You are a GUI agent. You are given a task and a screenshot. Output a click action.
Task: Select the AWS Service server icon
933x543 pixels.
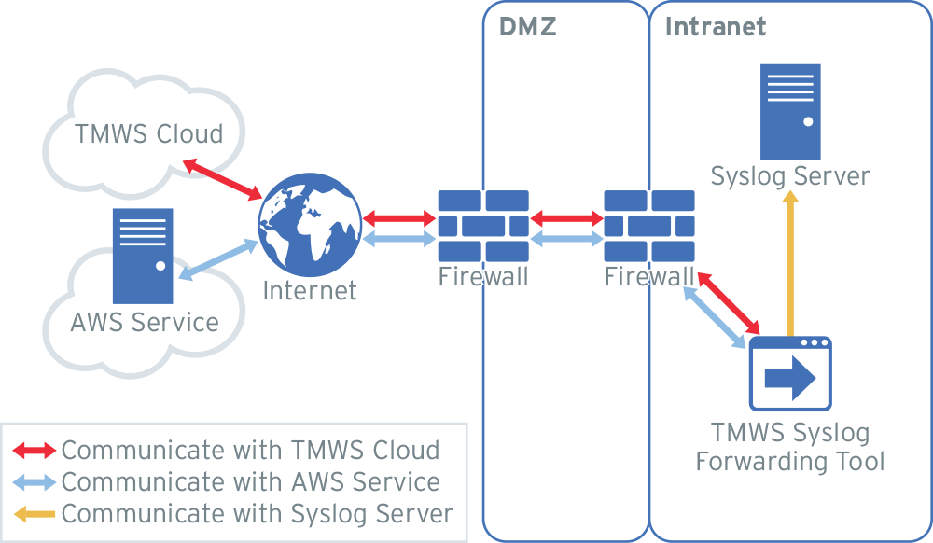pos(143,256)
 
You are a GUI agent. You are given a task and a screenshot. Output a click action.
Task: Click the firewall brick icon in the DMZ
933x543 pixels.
pos(482,226)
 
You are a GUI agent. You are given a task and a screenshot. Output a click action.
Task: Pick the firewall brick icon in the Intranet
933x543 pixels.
pos(648,226)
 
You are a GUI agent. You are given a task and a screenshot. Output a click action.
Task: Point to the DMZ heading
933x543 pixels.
pos(528,27)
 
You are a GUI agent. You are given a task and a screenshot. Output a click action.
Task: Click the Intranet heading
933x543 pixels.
pos(715,27)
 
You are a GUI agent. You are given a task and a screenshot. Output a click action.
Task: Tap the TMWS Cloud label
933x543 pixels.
pos(149,133)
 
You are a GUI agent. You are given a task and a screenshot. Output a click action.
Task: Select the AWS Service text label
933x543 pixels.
pos(145,323)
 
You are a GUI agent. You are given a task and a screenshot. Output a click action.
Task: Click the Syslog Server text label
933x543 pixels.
pos(789,176)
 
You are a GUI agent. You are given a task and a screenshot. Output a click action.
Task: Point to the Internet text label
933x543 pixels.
pos(309,290)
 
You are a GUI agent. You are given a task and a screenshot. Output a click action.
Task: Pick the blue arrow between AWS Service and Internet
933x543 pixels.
pos(218,258)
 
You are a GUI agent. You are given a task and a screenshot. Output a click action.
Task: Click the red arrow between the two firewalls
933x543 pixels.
pos(565,219)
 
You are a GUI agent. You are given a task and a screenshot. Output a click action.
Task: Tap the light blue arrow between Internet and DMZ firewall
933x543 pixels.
pos(399,239)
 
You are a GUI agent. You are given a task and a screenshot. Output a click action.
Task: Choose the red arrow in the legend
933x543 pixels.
pos(35,451)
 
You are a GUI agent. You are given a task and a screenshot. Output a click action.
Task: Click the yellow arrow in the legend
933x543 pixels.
pos(35,514)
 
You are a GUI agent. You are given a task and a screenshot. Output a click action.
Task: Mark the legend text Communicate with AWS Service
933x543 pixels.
pos(250,482)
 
